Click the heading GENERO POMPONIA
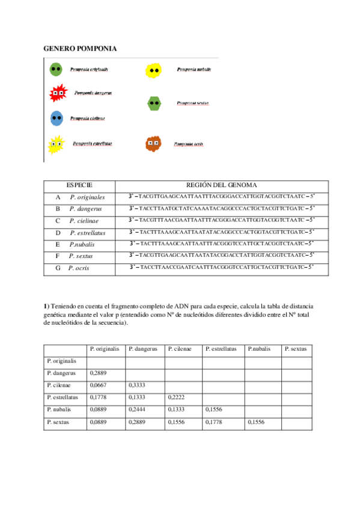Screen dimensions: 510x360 [x=81, y=48]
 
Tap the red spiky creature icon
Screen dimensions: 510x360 [x=57, y=93]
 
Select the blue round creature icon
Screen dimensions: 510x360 [x=57, y=118]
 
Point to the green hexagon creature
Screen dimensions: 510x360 [x=155, y=103]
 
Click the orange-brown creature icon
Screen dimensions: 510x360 [x=153, y=144]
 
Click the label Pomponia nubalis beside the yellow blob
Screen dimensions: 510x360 [x=194, y=70]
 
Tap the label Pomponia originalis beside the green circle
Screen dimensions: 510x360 [x=89, y=70]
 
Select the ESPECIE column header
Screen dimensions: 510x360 [x=79, y=185]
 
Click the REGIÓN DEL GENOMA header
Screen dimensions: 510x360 [x=222, y=185]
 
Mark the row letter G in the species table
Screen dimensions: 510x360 [x=58, y=268]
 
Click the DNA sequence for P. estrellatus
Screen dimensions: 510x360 [x=221, y=232]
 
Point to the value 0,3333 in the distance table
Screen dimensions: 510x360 [x=136, y=386]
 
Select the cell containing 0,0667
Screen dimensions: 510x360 [x=97, y=386]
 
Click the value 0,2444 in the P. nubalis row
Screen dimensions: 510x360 [x=136, y=410]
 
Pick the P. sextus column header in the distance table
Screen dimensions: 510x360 [x=296, y=349]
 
